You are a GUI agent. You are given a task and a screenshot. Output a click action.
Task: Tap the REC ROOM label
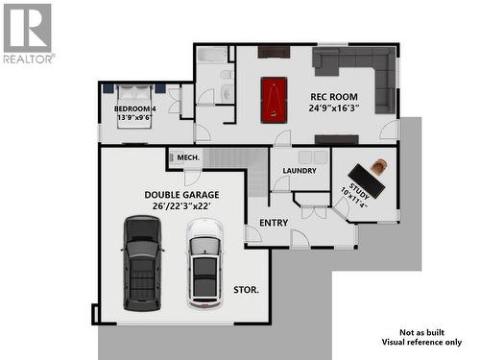(334, 97)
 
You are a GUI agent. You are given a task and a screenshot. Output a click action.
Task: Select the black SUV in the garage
(143, 257)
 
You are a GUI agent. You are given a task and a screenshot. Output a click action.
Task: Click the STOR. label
(246, 289)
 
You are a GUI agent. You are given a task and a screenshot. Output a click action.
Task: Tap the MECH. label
(188, 156)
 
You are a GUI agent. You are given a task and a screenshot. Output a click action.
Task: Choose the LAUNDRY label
(300, 171)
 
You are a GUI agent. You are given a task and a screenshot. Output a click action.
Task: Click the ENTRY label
(274, 222)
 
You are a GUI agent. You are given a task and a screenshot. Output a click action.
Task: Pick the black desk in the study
(366, 181)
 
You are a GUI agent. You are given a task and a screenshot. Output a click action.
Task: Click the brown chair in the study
(380, 166)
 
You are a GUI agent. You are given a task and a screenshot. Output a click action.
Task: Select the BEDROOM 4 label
(134, 108)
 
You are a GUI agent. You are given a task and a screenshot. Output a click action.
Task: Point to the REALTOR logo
(28, 33)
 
